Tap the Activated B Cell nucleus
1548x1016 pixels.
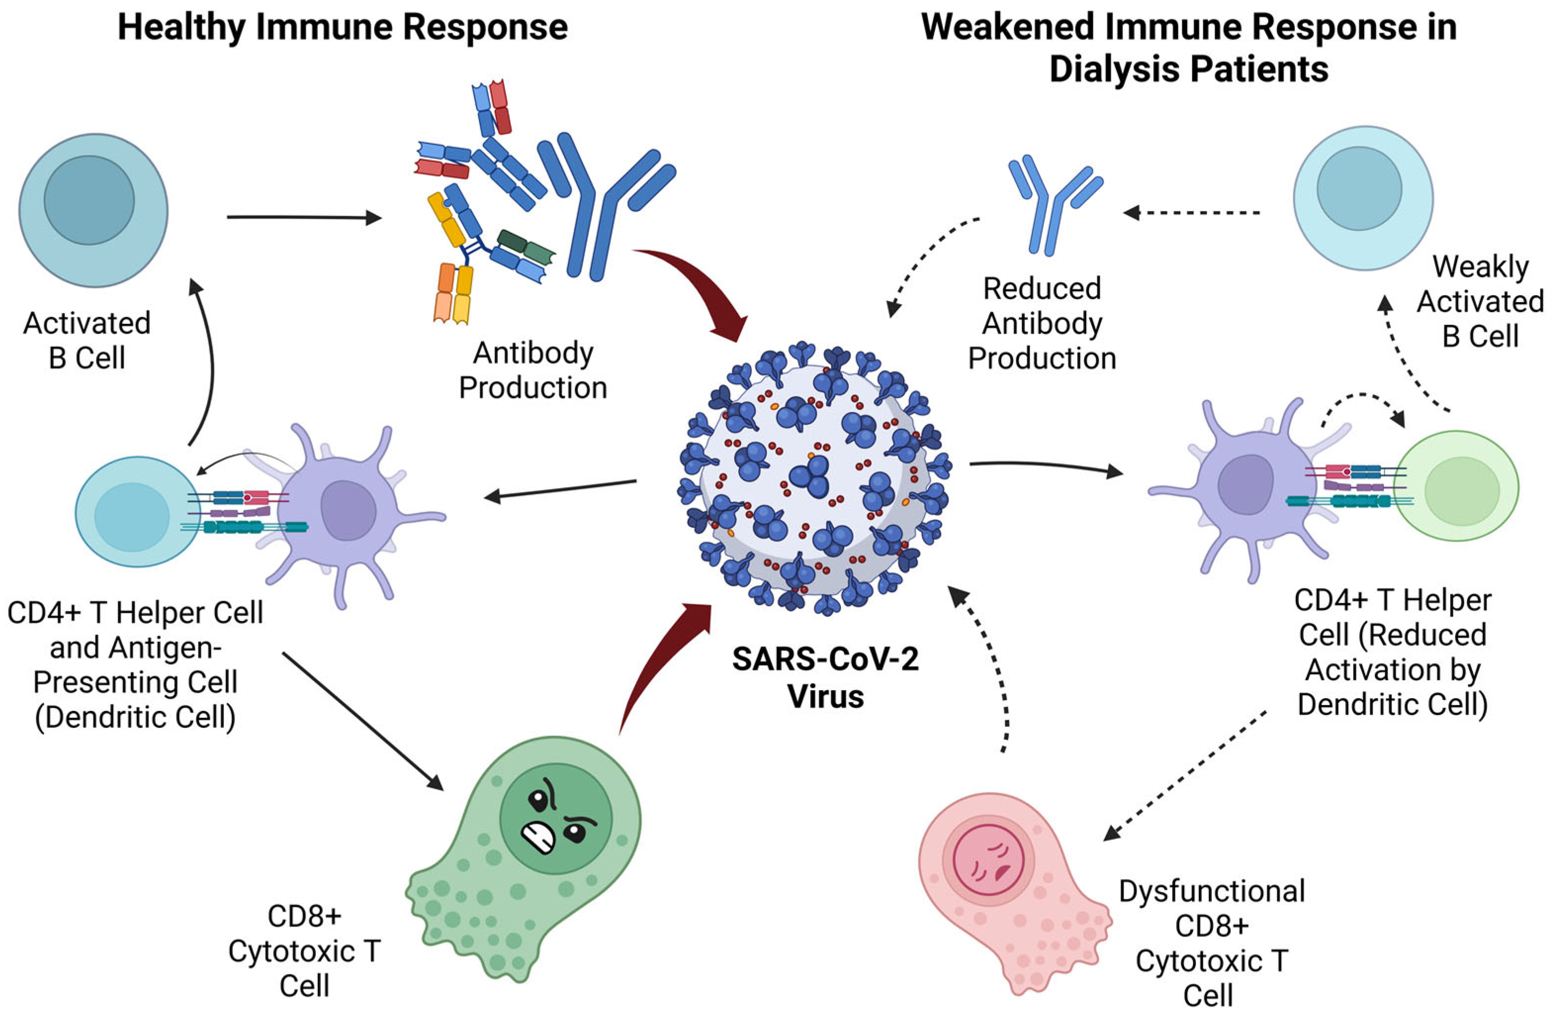[89, 200]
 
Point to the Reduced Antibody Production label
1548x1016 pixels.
[1042, 323]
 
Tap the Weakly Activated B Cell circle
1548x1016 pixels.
[1363, 198]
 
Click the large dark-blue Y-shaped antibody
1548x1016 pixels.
[598, 208]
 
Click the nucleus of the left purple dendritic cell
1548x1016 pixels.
[348, 511]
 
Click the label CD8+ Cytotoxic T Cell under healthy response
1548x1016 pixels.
[305, 951]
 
